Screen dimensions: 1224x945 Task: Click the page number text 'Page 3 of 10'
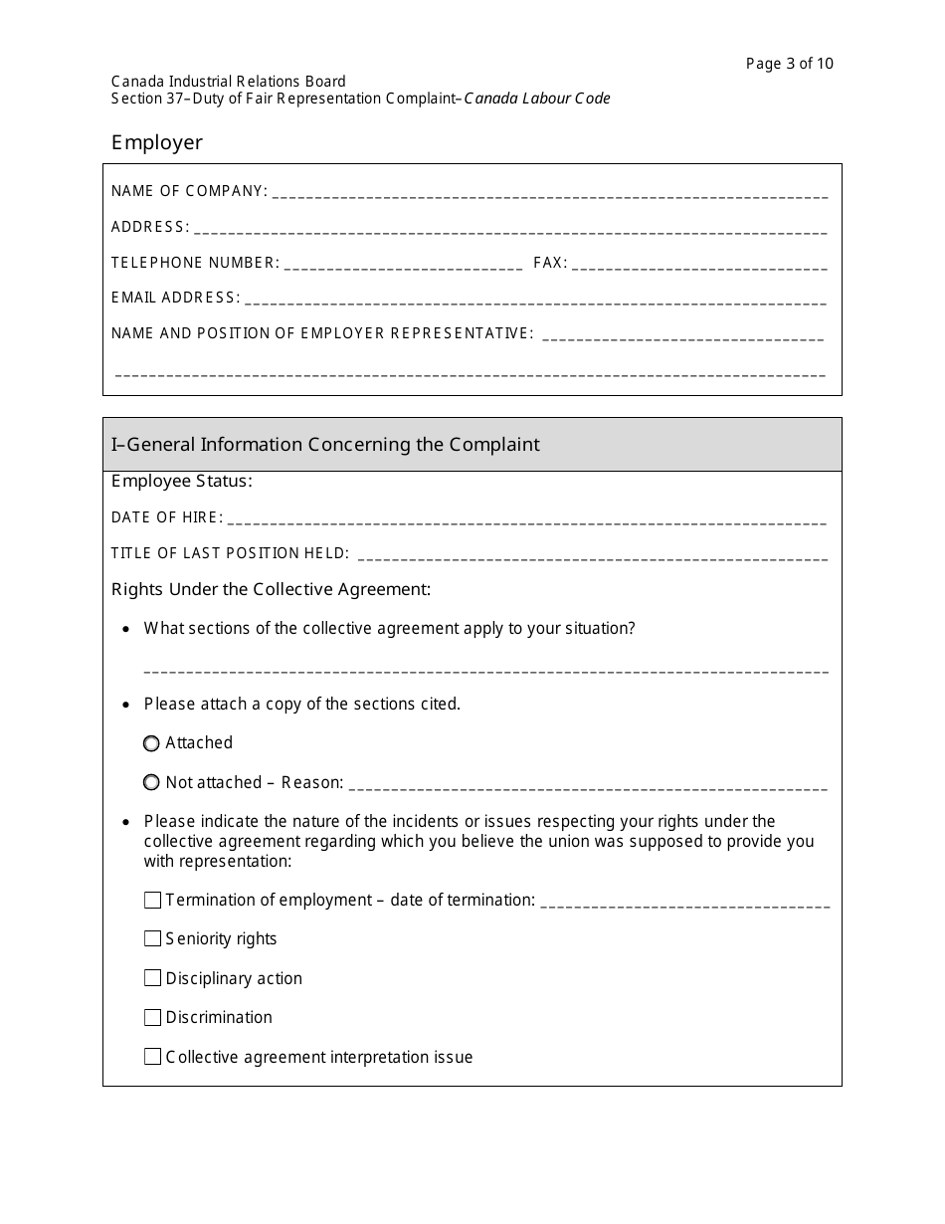pyautogui.click(x=789, y=64)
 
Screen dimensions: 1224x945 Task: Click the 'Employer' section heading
pyautogui.click(x=156, y=142)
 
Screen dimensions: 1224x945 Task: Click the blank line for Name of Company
pyautogui.click(x=549, y=193)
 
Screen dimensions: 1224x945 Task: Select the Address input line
pyautogui.click(x=509, y=229)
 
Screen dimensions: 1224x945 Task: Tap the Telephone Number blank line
pyautogui.click(x=403, y=265)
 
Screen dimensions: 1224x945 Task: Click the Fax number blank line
pyautogui.click(x=698, y=265)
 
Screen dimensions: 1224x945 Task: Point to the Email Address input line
pyautogui.click(x=535, y=300)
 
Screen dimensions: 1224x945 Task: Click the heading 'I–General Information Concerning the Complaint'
pyautogui.click(x=325, y=444)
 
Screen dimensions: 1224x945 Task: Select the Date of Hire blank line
pyautogui.click(x=526, y=519)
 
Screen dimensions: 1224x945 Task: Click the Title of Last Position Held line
pyautogui.click(x=591, y=555)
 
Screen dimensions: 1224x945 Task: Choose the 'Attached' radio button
pyautogui.click(x=151, y=743)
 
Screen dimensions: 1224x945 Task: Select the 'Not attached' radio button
pyautogui.click(x=151, y=783)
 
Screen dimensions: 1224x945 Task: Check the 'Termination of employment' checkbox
pyautogui.click(x=152, y=900)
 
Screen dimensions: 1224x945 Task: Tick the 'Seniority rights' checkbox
pyautogui.click(x=152, y=938)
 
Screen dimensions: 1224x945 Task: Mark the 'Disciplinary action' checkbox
pyautogui.click(x=152, y=978)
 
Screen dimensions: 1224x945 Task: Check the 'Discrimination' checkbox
pyautogui.click(x=152, y=1017)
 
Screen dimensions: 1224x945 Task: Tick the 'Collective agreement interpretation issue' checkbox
pyautogui.click(x=152, y=1057)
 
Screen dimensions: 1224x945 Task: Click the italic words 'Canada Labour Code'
pyautogui.click(x=537, y=99)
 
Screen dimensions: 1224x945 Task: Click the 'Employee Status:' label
pyautogui.click(x=181, y=482)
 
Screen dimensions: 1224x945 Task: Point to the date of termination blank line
pyautogui.click(x=685, y=903)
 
